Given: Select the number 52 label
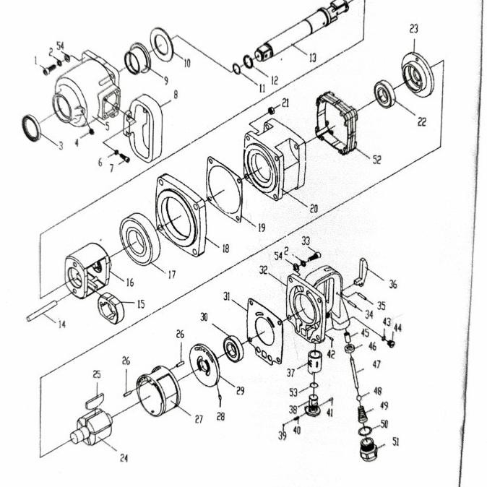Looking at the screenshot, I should (x=376, y=160).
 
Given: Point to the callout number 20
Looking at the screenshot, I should (x=314, y=209).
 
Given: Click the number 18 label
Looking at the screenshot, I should (x=225, y=249).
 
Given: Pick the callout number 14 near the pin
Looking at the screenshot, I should (x=61, y=324).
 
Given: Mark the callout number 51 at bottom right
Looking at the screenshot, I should (x=395, y=441).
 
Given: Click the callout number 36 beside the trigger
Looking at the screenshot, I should (x=393, y=285).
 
